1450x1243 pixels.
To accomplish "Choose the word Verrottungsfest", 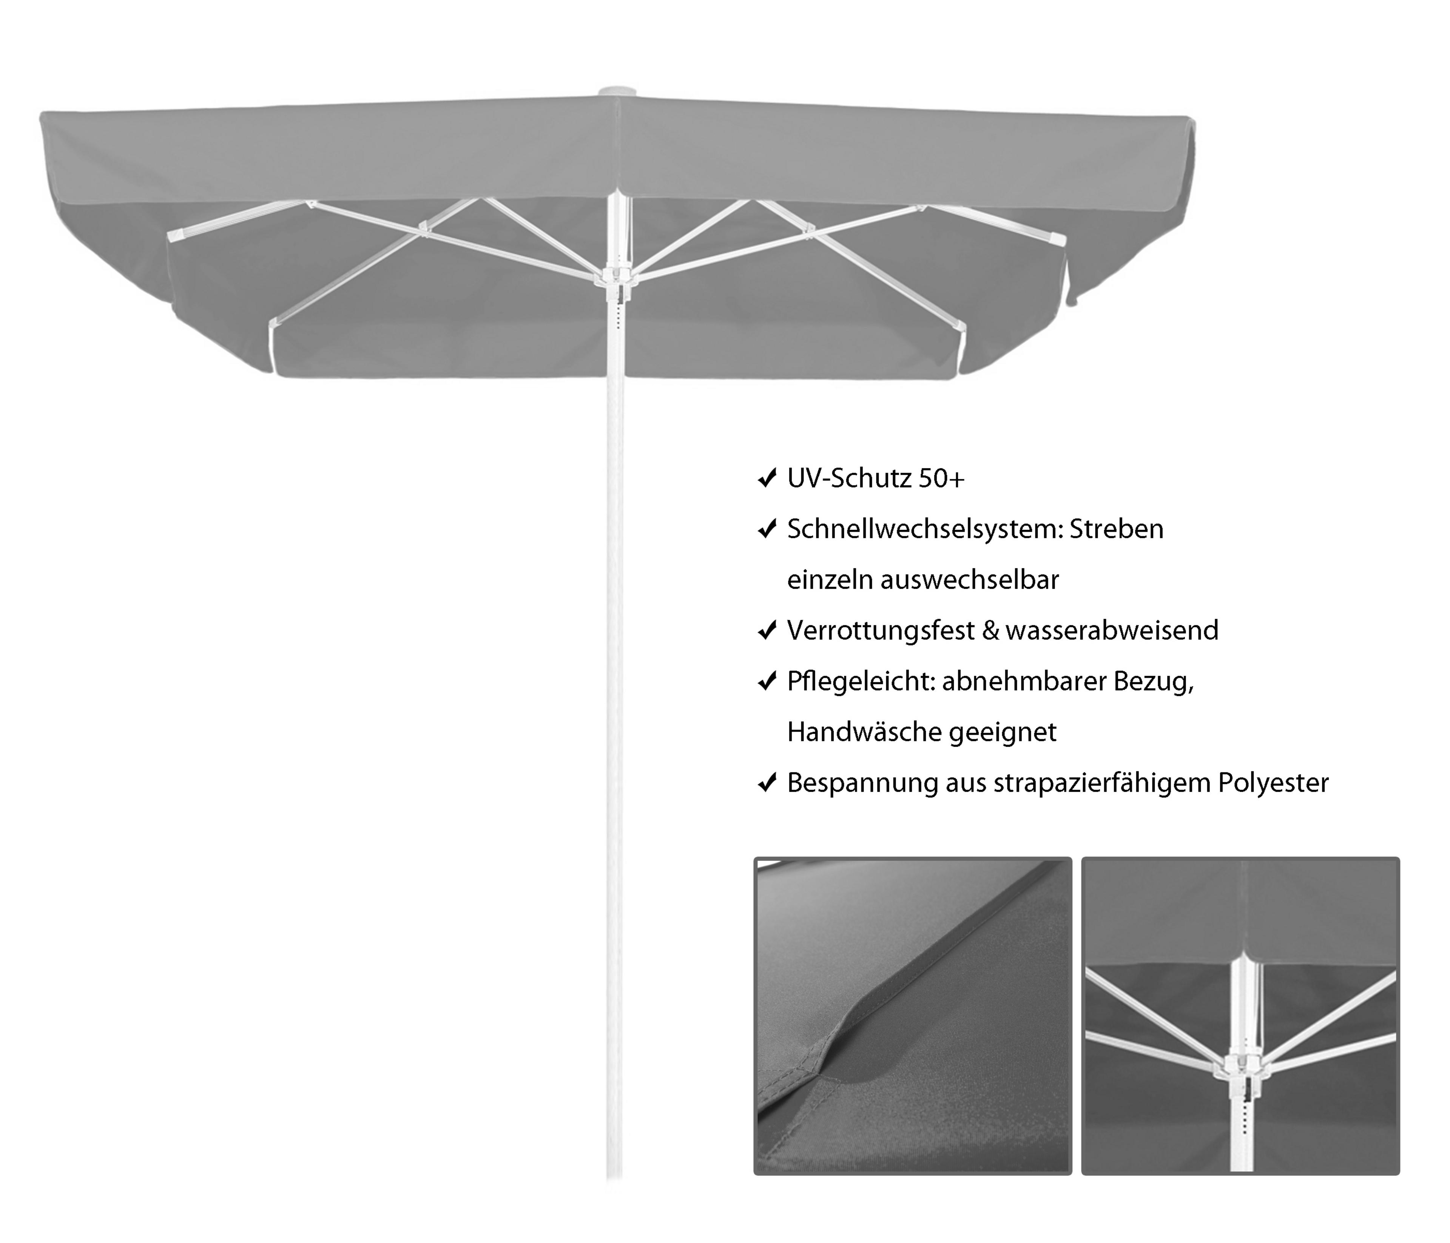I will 880,631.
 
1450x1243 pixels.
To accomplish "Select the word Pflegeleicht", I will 861,682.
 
